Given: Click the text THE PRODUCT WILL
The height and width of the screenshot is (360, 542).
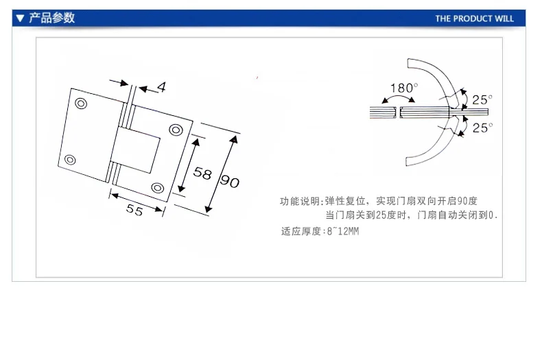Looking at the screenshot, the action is pos(474,19).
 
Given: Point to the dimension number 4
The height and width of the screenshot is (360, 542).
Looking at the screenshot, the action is pos(161,86).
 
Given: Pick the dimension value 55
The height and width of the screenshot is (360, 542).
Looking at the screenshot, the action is pos(134,211).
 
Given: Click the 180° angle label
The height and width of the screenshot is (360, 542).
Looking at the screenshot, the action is pos(403,88).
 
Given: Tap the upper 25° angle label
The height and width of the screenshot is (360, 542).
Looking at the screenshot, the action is pos(482,99).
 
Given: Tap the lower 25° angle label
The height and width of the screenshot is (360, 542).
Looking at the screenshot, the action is pos(482,128).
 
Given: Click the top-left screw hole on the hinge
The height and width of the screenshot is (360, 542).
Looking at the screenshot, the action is pos(81,104).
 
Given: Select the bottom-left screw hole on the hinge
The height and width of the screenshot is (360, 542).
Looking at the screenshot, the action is pos(69,160).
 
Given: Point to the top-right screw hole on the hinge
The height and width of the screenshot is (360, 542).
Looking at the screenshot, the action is pos(176,130).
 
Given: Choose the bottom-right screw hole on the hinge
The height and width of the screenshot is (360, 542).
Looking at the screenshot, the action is pos(158,187).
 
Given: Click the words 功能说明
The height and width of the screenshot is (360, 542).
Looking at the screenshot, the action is pos(298,202).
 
